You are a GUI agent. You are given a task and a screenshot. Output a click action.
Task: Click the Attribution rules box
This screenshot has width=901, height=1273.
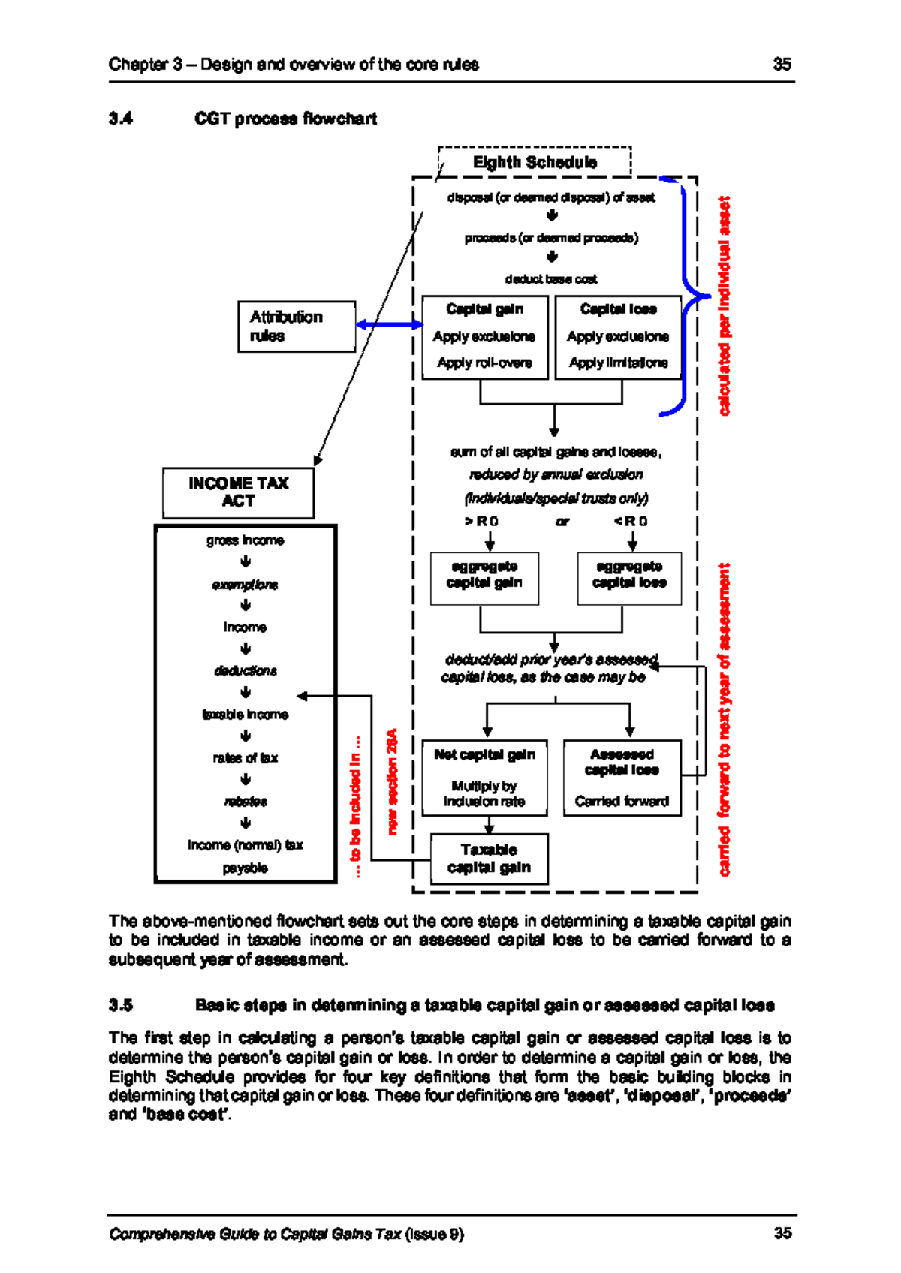(297, 327)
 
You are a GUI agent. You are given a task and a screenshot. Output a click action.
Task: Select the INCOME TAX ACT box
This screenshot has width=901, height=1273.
(238, 492)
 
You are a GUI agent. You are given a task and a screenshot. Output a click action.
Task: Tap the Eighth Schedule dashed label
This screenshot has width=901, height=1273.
(535, 162)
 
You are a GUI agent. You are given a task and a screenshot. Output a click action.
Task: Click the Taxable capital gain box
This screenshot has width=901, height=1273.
(489, 859)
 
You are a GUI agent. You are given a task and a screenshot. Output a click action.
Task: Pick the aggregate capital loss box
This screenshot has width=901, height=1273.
(629, 578)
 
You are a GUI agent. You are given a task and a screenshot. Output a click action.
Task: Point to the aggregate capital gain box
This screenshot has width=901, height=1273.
(484, 578)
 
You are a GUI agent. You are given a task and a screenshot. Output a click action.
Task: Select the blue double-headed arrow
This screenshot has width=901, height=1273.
(389, 324)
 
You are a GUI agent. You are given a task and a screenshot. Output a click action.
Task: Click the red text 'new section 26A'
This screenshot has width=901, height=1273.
(392, 781)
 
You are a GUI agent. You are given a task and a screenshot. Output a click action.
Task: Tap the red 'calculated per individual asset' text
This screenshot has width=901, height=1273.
(724, 306)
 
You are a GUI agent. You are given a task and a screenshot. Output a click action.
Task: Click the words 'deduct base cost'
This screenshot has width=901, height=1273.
(551, 279)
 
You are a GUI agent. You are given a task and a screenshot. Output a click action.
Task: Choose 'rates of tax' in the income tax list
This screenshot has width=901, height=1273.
(245, 758)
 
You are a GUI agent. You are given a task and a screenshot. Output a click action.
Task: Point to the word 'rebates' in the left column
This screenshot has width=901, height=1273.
(245, 802)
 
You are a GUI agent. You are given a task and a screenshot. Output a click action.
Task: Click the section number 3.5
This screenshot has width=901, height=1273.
(120, 1005)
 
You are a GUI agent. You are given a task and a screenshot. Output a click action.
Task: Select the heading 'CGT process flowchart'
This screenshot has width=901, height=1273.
(285, 119)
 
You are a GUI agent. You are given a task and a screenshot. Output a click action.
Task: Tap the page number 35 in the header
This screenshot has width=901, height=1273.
(782, 64)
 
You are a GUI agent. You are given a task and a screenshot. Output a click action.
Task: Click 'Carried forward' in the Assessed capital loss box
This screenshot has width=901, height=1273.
(622, 802)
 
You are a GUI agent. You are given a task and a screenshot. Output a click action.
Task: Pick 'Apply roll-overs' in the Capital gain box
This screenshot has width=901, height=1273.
(484, 363)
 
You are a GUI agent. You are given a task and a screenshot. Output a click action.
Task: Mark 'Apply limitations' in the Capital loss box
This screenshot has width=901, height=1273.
(618, 363)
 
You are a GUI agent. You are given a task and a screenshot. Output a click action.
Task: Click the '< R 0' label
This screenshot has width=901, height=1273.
(631, 521)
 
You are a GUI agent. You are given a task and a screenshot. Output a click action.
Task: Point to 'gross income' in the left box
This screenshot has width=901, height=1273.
(245, 540)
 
